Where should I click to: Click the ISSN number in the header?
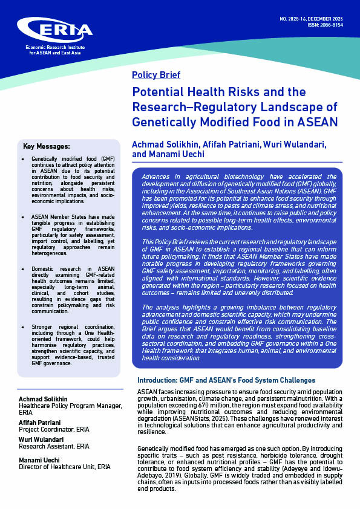tap(323, 25)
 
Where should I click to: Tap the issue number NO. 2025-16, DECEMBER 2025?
tap(310, 19)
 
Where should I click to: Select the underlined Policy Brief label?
tap(155, 76)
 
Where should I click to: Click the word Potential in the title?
tap(160, 92)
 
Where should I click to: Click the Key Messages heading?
tap(46, 146)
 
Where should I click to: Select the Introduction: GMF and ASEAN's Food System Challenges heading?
tap(226, 380)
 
